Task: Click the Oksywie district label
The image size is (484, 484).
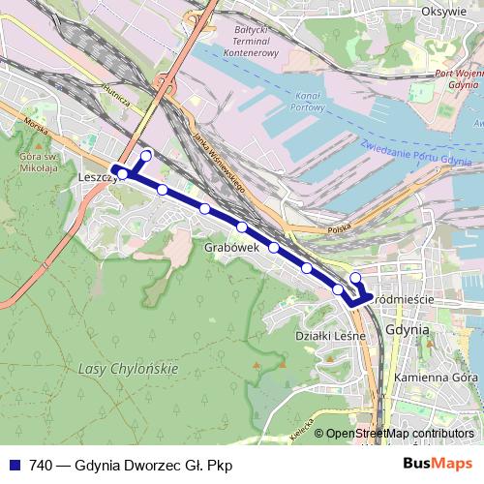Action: click(445, 12)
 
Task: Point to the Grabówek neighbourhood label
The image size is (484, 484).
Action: click(230, 248)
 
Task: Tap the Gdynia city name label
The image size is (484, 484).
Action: click(407, 329)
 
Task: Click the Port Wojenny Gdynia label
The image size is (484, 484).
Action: click(458, 78)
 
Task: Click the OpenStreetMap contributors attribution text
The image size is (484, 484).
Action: click(400, 433)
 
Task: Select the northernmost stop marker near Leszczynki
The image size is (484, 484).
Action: click(146, 156)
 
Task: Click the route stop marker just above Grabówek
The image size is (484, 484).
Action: click(241, 227)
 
